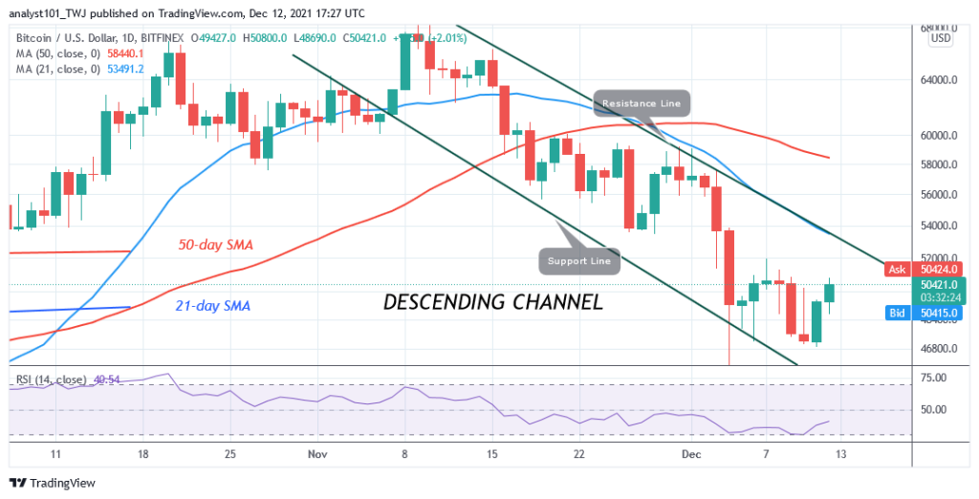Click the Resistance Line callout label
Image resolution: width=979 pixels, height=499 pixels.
[x=641, y=103]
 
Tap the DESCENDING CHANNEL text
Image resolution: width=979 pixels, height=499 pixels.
[x=492, y=302]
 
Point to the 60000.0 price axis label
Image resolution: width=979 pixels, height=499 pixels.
[x=926, y=135]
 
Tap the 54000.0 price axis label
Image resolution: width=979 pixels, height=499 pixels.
[x=926, y=227]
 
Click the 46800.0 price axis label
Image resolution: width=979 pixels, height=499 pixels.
[x=926, y=348]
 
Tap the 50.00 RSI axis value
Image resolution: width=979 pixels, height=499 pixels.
[x=926, y=409]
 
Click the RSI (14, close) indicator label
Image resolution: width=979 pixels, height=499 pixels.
[x=54, y=380]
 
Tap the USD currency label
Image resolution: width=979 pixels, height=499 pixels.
[x=942, y=38]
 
